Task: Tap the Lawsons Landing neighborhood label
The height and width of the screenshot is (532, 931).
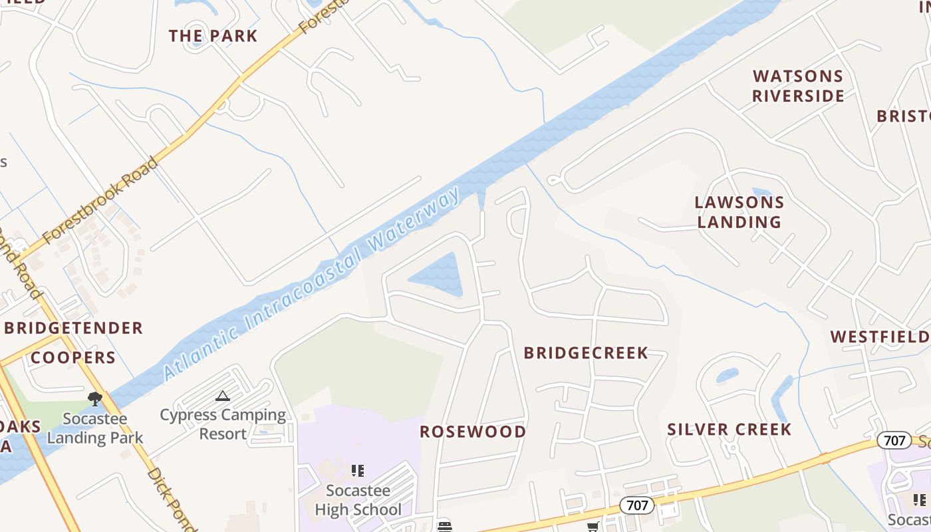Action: [x=739, y=212]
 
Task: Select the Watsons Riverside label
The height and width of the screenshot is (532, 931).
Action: [x=798, y=86]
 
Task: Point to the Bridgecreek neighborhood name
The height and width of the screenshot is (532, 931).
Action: [x=586, y=353]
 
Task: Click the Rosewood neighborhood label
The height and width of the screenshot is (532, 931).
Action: [x=473, y=432]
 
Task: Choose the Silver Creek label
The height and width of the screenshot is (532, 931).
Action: [x=730, y=430]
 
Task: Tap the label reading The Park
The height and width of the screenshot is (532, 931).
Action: [x=213, y=36]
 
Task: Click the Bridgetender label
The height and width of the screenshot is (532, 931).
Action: [x=74, y=328]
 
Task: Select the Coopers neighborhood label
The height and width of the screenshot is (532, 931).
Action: [x=73, y=358]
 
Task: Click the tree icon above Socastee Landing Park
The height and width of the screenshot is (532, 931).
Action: [x=95, y=399]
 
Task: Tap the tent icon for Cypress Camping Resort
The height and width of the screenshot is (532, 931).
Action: [x=223, y=396]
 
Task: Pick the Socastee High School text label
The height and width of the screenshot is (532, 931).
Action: [x=358, y=500]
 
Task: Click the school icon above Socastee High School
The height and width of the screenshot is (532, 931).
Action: [x=358, y=471]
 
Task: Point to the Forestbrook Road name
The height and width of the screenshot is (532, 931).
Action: [x=100, y=199]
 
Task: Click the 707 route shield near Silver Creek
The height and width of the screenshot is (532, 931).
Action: [x=894, y=440]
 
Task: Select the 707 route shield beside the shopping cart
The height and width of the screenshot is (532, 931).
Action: [x=637, y=505]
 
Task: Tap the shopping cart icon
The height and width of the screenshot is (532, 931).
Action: [x=593, y=527]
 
